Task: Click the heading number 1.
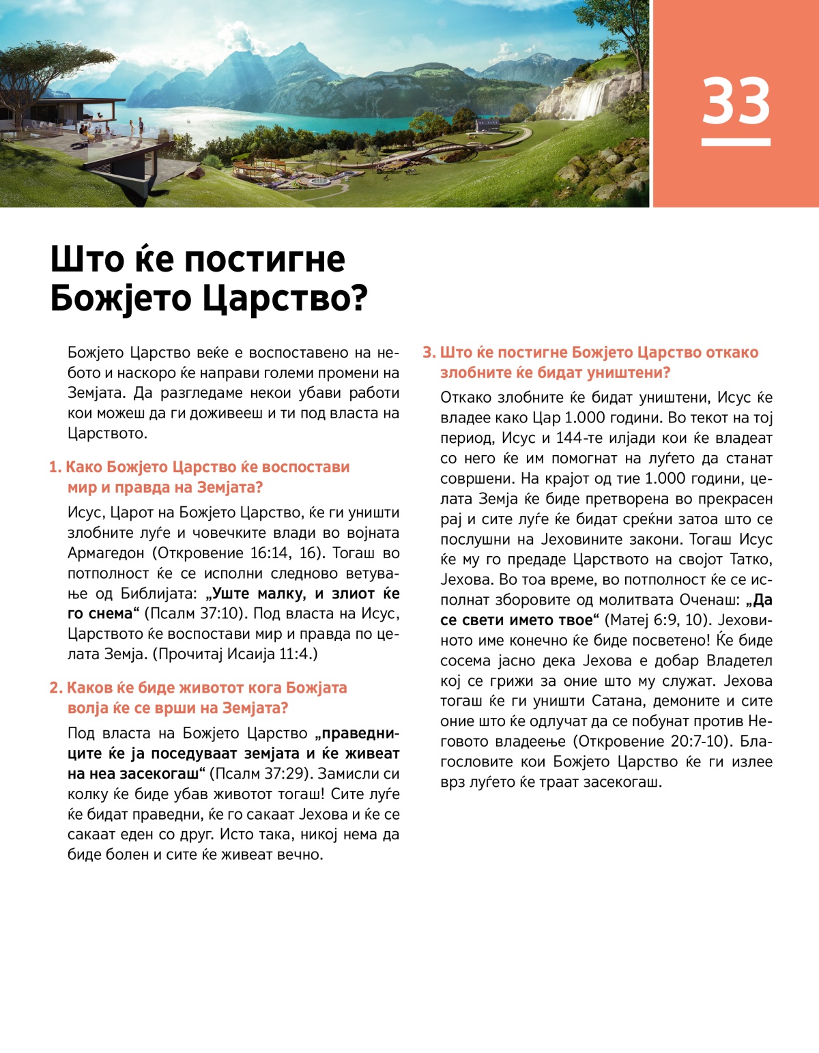click(55, 467)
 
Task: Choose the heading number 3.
click(429, 353)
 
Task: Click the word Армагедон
click(106, 553)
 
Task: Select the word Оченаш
click(709, 600)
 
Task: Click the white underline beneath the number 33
click(736, 142)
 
